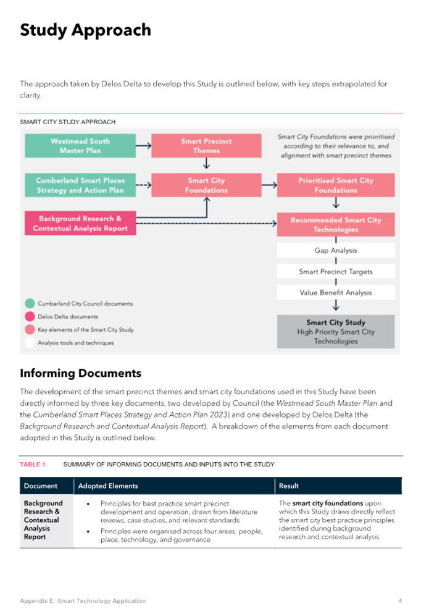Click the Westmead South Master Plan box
pos(80,146)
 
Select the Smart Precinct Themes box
pos(206,146)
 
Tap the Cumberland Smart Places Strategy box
pos(80,185)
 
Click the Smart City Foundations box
pos(206,185)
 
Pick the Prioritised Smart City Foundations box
pos(336,185)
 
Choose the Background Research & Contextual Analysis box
pos(80,223)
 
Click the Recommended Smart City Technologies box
pos(336,224)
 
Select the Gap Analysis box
pos(336,250)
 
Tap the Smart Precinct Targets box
pos(336,272)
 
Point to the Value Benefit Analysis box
pos(336,292)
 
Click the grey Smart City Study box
pos(336,332)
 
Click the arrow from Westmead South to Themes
pos(144,146)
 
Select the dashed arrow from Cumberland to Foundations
pos(144,185)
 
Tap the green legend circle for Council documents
pos(30,303)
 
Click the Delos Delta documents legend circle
pos(30,316)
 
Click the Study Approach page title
pos(86,30)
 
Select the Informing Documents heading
pos(81,373)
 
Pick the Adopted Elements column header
pos(108,486)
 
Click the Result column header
pos(288,486)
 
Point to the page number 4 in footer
pos(400,600)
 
